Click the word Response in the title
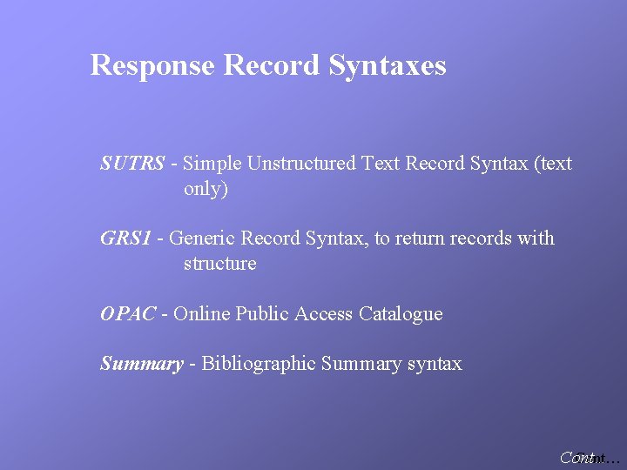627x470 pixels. [x=153, y=65]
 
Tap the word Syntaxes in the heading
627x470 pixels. [x=388, y=65]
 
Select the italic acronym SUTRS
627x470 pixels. [x=132, y=163]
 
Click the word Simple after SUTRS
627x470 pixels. [x=213, y=163]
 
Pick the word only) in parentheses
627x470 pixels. [x=206, y=188]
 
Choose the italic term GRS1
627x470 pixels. [x=126, y=238]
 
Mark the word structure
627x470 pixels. [x=220, y=264]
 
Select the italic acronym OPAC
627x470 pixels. [x=127, y=314]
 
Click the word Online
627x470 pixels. [x=202, y=314]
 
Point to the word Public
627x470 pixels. [x=263, y=314]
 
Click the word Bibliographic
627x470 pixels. [x=259, y=364]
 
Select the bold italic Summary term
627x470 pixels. [x=141, y=364]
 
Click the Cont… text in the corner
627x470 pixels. [x=590, y=458]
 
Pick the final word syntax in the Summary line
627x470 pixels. [x=435, y=364]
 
